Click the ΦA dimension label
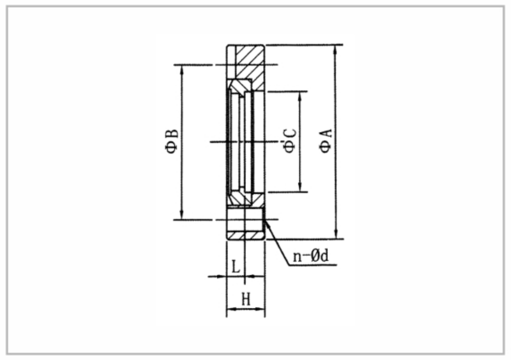pyautogui.click(x=326, y=141)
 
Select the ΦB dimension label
pyautogui.click(x=172, y=141)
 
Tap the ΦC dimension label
pyautogui.click(x=290, y=141)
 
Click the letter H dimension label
pyautogui.click(x=246, y=299)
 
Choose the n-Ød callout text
pyautogui.click(x=311, y=256)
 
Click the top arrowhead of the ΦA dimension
pyautogui.click(x=336, y=49)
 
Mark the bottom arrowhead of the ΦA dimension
pyautogui.click(x=336, y=234)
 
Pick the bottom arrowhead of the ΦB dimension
pyautogui.click(x=182, y=215)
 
